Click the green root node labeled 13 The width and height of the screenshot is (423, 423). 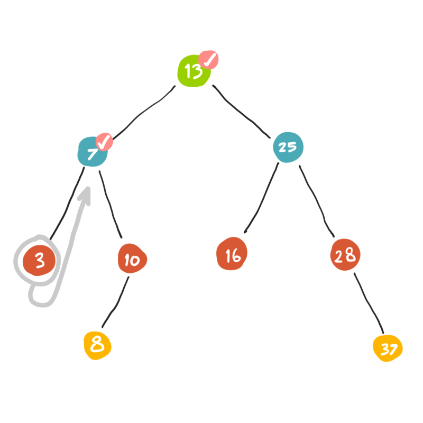pos(193,71)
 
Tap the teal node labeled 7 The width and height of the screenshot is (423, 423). pos(92,153)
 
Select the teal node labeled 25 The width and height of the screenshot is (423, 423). pos(288,147)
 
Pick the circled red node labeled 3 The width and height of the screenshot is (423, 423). pos(39,261)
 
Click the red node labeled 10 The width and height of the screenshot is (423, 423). pos(132,259)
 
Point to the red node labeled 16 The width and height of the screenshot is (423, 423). pos(232,256)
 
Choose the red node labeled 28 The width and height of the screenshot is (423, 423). pos(345,256)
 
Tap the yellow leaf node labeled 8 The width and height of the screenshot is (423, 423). pos(97,345)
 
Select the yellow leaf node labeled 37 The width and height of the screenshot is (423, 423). pos(388,349)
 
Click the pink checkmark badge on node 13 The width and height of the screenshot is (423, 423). pos(210,61)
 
